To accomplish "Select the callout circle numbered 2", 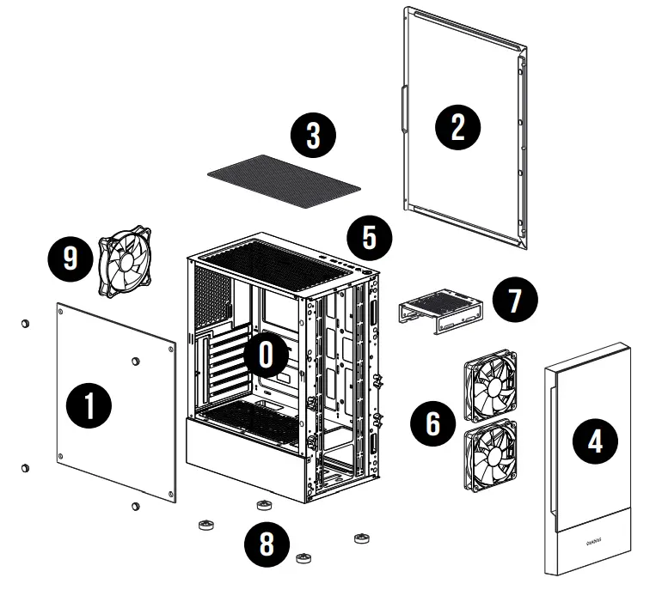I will click(x=457, y=126).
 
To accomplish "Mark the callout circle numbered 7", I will click(x=515, y=300).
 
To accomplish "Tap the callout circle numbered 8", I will click(x=265, y=544).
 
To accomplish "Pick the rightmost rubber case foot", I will click(x=361, y=538).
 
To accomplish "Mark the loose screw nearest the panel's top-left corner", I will click(x=25, y=324).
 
